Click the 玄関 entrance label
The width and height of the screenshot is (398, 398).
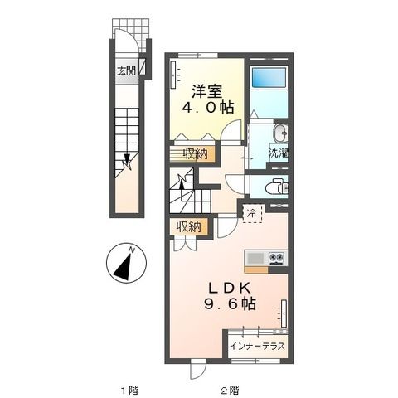(127, 70)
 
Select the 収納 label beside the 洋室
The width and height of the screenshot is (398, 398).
(196, 153)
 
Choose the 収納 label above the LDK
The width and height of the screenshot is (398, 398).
(188, 226)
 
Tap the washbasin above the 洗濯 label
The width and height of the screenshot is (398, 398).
(279, 133)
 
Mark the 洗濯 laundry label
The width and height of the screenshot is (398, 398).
(278, 153)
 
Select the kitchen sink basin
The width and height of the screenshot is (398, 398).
(255, 258)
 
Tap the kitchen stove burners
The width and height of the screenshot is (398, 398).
(275, 258)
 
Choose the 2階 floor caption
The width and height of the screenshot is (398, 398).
(230, 389)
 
